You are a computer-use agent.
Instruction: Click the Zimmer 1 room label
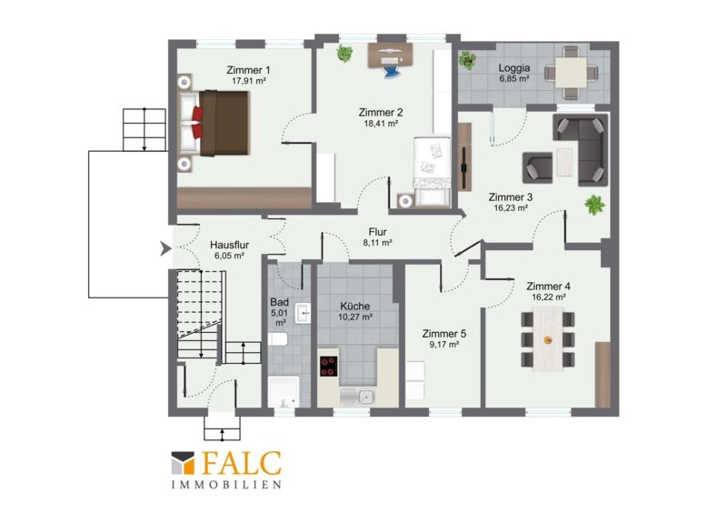248,70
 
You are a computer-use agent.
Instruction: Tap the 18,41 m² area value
381,124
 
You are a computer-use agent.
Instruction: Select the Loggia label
514,68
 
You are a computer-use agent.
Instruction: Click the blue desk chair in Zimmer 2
392,70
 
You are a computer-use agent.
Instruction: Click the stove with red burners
328,366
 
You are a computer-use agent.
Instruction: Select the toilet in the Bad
277,338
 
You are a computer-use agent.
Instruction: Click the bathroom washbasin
304,313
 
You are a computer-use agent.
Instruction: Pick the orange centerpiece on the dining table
548,340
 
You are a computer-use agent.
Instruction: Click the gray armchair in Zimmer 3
537,167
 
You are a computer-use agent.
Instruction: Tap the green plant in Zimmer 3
594,205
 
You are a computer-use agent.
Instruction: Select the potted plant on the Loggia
467,60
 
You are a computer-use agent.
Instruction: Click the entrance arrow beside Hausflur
165,248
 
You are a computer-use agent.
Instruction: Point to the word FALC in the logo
242,463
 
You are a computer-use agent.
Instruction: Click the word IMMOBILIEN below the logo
226,485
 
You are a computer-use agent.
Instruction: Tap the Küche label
355,306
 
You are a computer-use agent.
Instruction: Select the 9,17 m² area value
443,345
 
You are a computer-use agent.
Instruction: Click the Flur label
378,232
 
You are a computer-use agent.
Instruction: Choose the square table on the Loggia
571,73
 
